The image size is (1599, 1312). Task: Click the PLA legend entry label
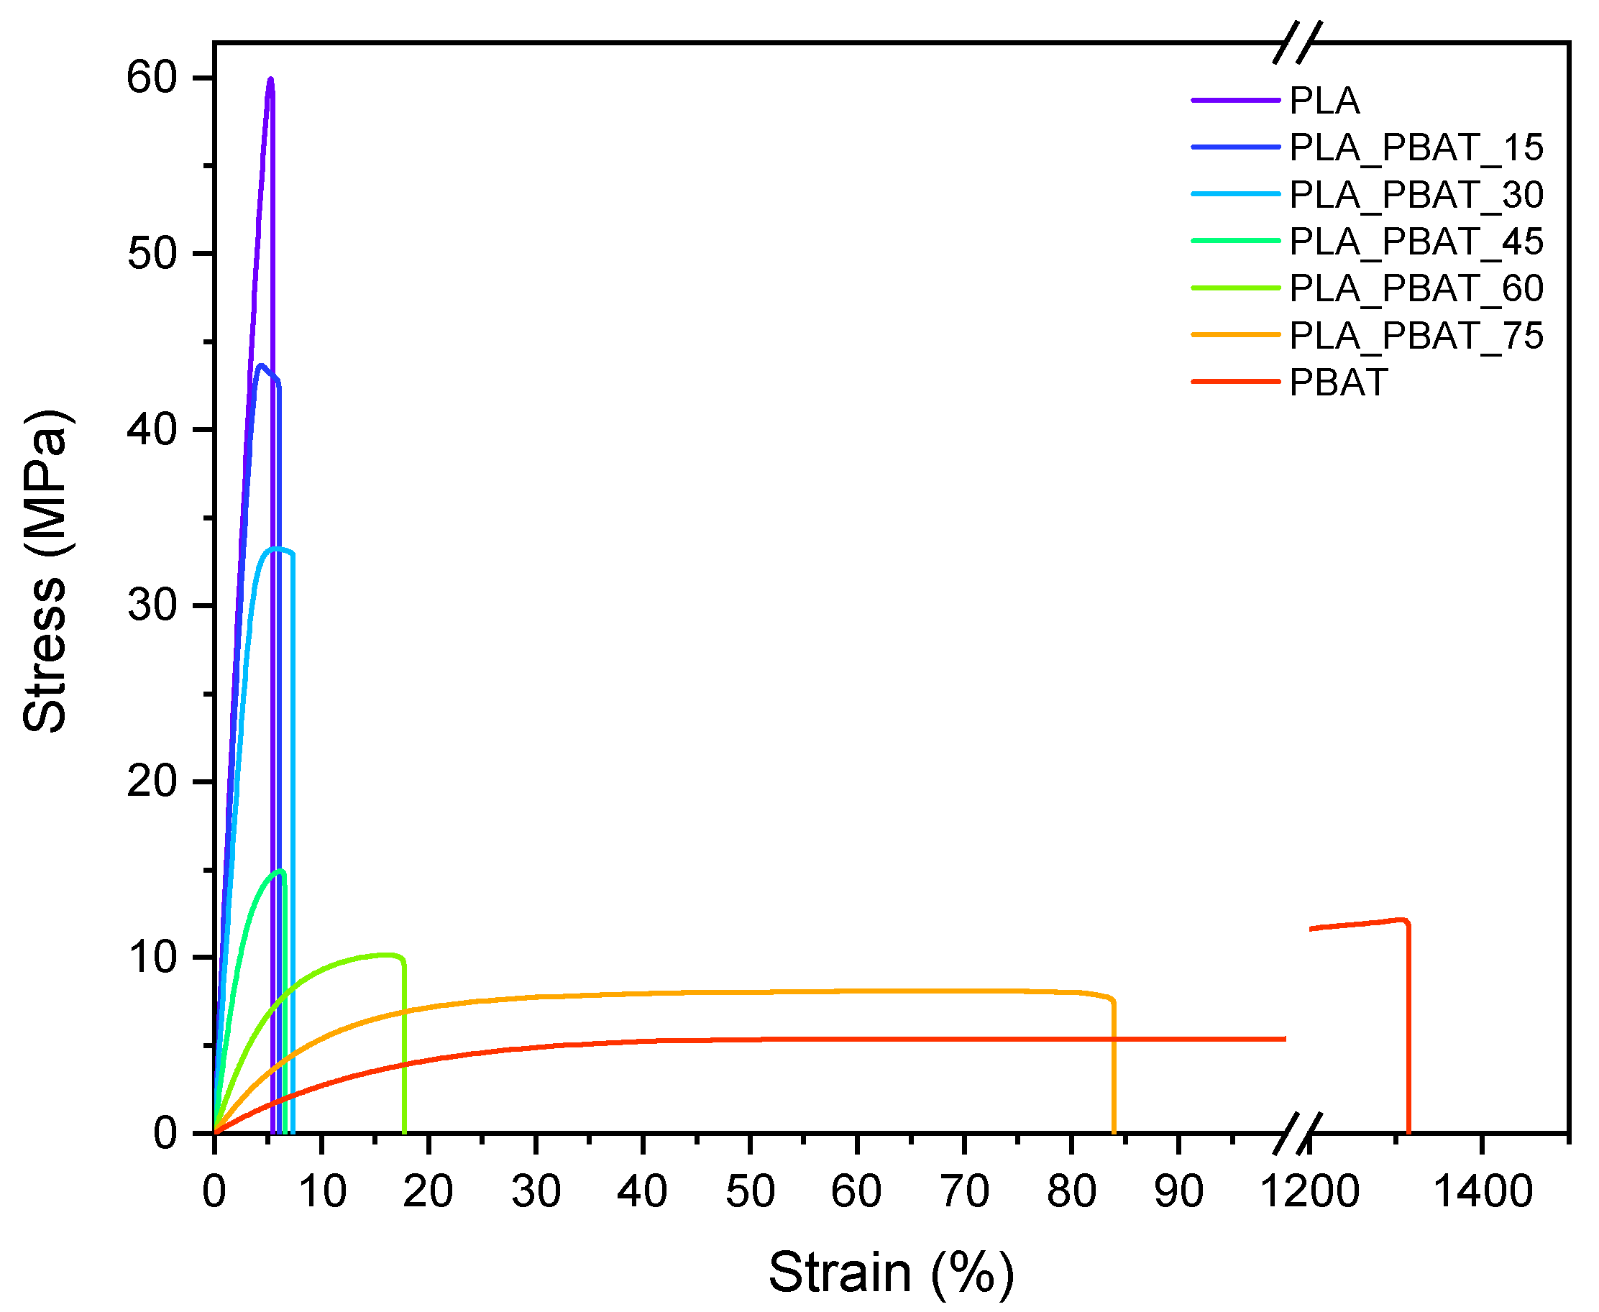click(x=1324, y=101)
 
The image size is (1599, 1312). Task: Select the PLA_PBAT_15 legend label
click(x=1416, y=147)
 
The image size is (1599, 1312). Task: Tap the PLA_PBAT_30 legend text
click(x=1416, y=195)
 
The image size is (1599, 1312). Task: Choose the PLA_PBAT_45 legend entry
click(x=1416, y=242)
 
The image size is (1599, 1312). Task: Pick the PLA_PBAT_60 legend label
click(x=1416, y=288)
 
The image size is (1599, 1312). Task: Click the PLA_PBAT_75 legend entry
click(x=1416, y=336)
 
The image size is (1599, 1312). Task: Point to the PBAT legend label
click(x=1337, y=382)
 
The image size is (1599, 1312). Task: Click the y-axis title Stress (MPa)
click(x=45, y=572)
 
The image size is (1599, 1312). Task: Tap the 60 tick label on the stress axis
click(x=151, y=78)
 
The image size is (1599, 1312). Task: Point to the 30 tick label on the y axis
click(x=151, y=605)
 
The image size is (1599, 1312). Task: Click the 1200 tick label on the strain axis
click(x=1309, y=1192)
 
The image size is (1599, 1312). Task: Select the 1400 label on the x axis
click(x=1483, y=1192)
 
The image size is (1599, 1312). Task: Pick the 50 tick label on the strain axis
click(x=750, y=1192)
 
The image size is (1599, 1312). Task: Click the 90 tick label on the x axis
click(x=1179, y=1192)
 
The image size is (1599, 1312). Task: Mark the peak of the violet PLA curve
click(x=270, y=79)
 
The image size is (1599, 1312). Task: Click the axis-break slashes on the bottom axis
click(x=1298, y=1134)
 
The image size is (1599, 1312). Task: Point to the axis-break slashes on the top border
click(x=1298, y=42)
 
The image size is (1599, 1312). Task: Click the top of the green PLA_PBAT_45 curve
click(x=281, y=871)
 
